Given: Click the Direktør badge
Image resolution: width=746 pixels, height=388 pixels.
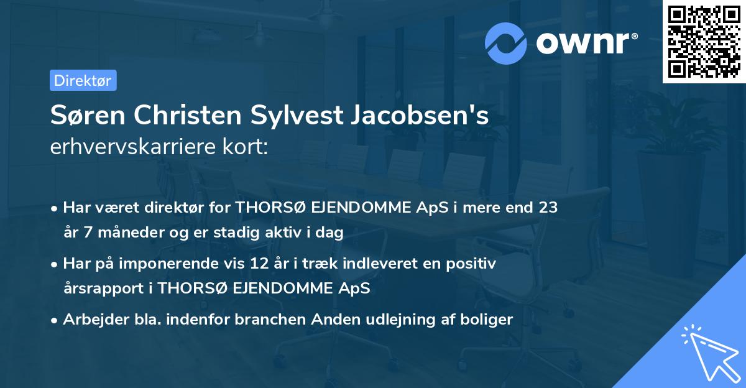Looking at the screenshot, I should click(x=83, y=80).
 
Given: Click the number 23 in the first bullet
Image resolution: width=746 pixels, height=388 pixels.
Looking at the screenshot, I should click(x=547, y=208).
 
